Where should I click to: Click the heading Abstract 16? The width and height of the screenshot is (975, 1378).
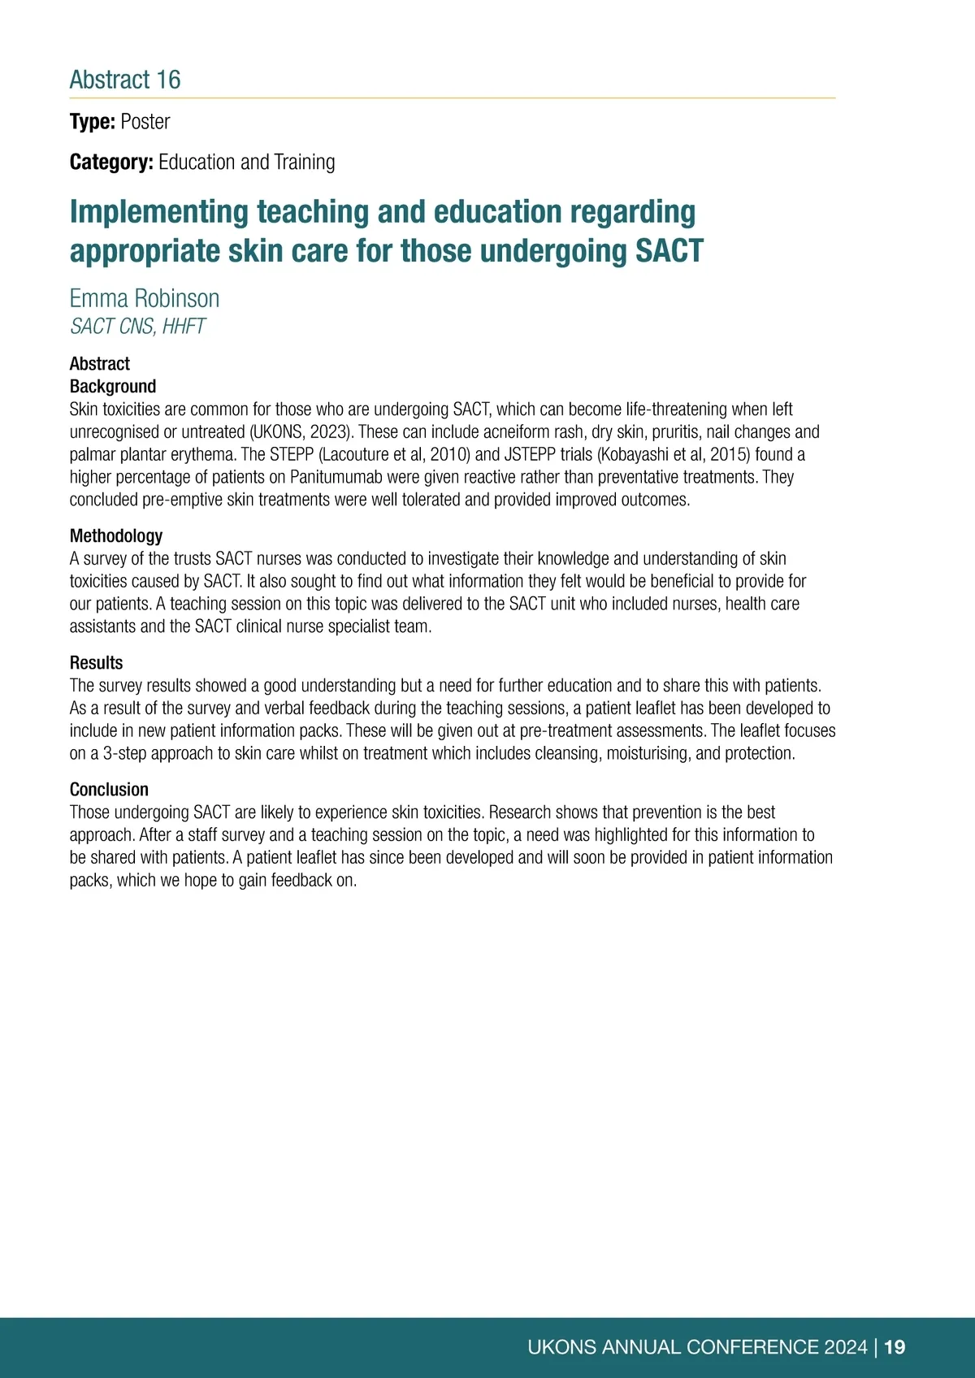(x=125, y=80)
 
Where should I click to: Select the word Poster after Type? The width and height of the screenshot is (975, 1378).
(x=145, y=122)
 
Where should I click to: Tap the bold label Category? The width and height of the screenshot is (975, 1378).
(x=111, y=162)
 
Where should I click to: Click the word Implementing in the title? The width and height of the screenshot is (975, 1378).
(x=159, y=212)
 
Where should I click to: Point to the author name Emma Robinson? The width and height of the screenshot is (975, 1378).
(x=145, y=299)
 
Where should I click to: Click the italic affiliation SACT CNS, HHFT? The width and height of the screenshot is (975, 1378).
(x=137, y=327)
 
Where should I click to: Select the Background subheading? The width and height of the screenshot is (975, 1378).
(x=113, y=387)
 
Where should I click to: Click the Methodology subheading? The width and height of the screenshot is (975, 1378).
(x=116, y=536)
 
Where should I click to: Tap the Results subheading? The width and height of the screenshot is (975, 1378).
(x=97, y=663)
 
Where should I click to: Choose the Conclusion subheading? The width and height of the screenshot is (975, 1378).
(x=110, y=790)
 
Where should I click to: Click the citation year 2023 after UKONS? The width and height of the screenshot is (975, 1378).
(x=328, y=432)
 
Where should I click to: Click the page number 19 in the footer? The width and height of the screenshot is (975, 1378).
(x=895, y=1347)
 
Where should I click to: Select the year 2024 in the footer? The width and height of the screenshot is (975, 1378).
(x=846, y=1347)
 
